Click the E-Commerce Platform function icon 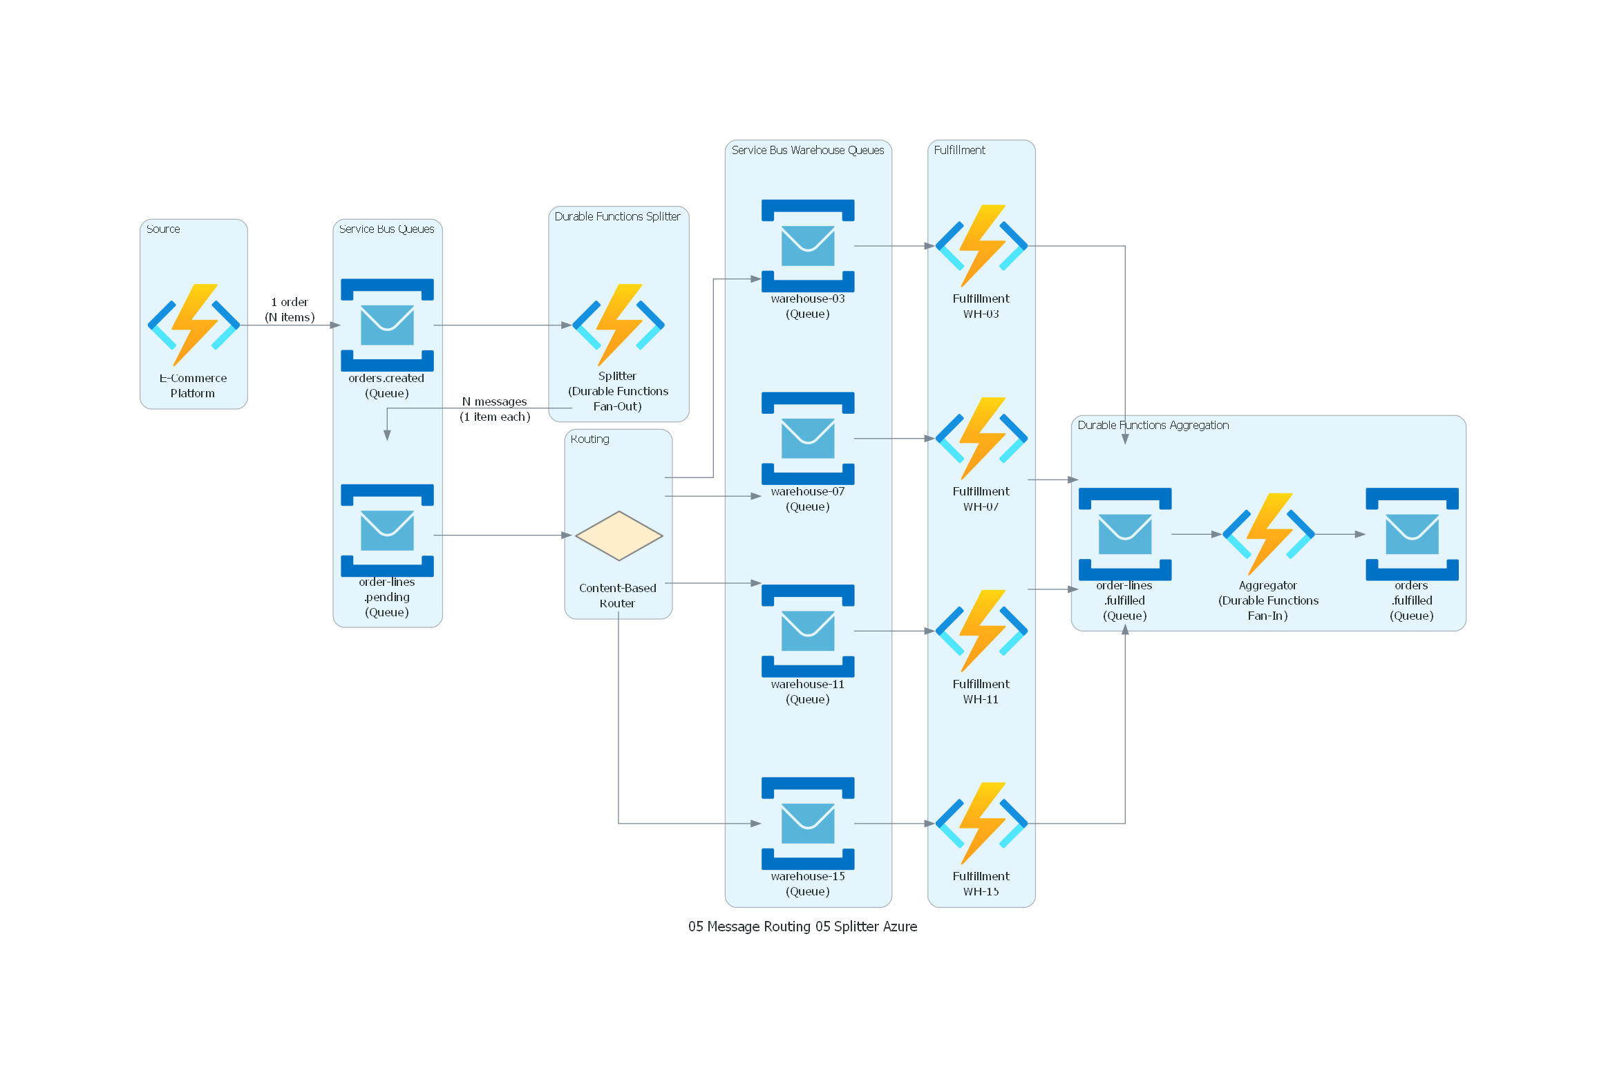click(193, 325)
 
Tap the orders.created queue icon click(387, 325)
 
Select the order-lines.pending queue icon click(387, 531)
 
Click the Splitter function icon click(618, 325)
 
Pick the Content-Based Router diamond click(618, 535)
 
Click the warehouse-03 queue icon click(808, 246)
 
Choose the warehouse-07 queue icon click(808, 438)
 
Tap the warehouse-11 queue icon click(808, 631)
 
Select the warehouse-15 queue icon click(808, 824)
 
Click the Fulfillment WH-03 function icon click(981, 246)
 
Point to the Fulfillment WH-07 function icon click(981, 438)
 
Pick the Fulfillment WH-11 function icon click(981, 631)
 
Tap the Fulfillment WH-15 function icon click(981, 824)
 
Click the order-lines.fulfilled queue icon click(1125, 534)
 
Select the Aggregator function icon click(1268, 534)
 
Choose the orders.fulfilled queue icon click(1412, 534)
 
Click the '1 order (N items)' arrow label click(290, 310)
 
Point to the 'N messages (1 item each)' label click(495, 409)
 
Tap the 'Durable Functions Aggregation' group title click(1153, 425)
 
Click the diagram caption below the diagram click(802, 927)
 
